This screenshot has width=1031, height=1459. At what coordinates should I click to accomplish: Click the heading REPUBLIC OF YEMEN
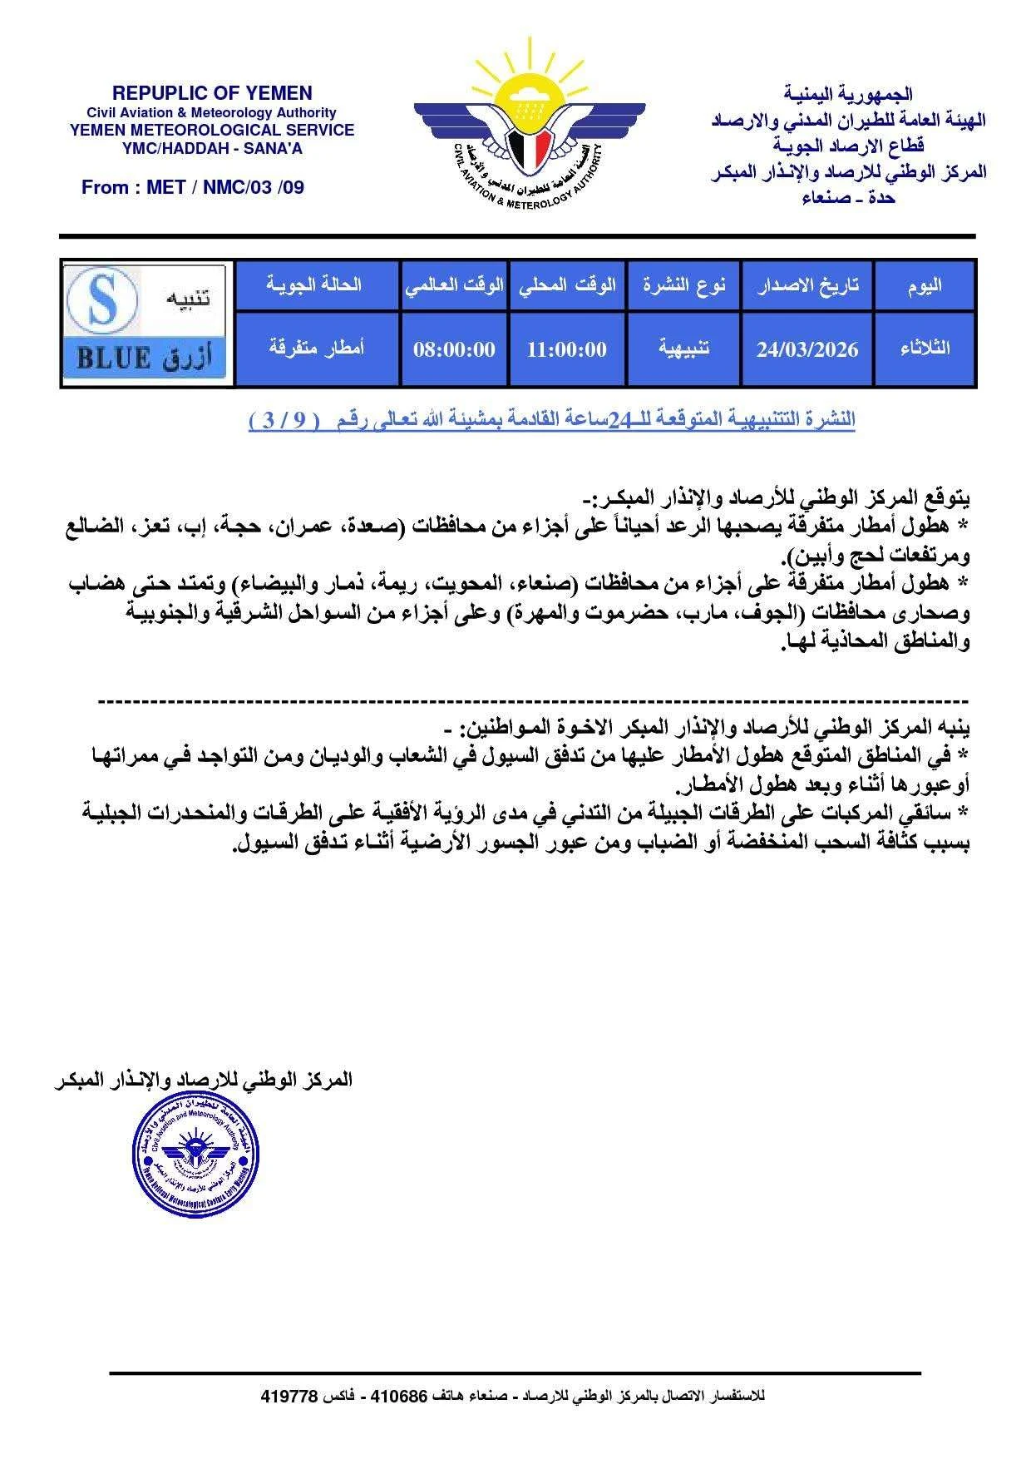pos(212,93)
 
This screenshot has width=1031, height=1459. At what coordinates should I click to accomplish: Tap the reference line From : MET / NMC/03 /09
pos(192,187)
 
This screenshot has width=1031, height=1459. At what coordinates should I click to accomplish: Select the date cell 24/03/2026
pos(807,349)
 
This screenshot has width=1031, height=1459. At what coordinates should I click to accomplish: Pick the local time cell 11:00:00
pos(567,349)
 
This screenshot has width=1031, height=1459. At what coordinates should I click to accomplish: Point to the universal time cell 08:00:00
pos(454,349)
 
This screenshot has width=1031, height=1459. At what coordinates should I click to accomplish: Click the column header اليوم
pos(924,285)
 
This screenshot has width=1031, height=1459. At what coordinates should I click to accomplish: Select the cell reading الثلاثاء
pos(924,349)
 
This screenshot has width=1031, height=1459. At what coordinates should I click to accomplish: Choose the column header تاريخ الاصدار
pos(807,285)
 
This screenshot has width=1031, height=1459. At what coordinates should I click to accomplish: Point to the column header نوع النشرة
pos(683,285)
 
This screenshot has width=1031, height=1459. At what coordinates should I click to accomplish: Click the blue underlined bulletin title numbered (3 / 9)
pos(551,420)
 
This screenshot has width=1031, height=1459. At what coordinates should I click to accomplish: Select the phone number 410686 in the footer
pos(398,1396)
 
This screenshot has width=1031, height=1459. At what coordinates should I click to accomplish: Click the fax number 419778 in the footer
pos(289,1396)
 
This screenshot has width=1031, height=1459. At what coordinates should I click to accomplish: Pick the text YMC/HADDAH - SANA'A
pos(212,149)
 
